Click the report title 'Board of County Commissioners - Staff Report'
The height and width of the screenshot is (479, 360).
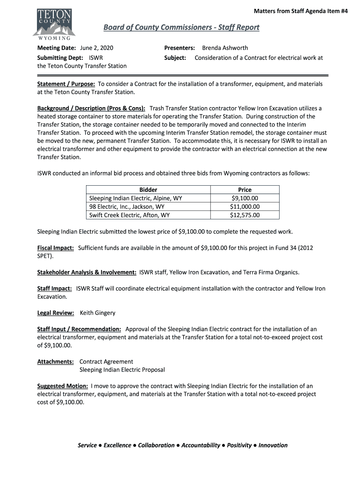[x=181, y=27]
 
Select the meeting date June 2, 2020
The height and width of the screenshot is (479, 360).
[x=97, y=48]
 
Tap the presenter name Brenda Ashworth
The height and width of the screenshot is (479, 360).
[x=225, y=48]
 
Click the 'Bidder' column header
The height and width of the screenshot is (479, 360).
[x=148, y=189]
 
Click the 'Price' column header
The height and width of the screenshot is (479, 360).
[x=245, y=189]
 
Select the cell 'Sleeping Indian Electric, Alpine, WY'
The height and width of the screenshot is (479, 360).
[x=136, y=198]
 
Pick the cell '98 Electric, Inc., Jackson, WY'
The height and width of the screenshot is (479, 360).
[x=127, y=206]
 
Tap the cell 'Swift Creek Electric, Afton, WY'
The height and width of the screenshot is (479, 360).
[x=130, y=215]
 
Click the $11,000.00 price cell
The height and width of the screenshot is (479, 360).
[x=245, y=206]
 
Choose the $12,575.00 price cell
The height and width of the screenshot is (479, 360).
[x=245, y=215]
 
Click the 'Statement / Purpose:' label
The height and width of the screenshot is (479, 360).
[x=66, y=84]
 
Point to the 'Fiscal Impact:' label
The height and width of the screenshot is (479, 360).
[x=55, y=248]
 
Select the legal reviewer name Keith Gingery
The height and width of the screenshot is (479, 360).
[x=98, y=312]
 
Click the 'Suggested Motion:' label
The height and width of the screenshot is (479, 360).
[x=62, y=386]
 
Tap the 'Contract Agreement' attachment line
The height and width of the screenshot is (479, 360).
[x=106, y=362]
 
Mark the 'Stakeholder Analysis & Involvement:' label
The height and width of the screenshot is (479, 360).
[x=86, y=272]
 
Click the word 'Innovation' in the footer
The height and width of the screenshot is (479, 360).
[x=273, y=445]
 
